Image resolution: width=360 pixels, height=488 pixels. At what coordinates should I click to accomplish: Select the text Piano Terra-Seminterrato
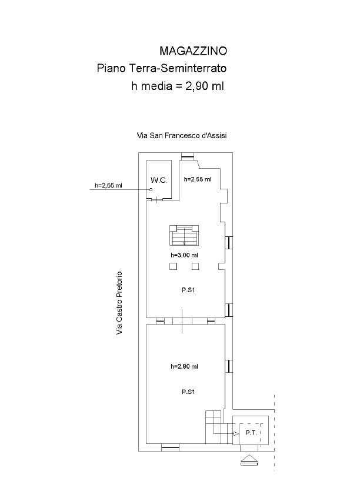coord(161,68)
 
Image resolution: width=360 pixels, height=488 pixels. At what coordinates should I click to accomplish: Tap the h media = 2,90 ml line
coord(178,86)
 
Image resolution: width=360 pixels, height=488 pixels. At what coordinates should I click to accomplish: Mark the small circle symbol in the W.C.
coord(151,189)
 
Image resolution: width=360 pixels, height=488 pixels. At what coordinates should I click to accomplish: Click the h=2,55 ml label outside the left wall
coord(108,186)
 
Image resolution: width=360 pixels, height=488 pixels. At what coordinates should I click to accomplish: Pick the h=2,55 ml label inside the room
coord(198,179)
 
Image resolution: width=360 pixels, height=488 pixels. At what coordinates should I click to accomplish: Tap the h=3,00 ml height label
coord(184,255)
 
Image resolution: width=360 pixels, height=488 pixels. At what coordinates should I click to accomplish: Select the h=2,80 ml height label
coord(184,366)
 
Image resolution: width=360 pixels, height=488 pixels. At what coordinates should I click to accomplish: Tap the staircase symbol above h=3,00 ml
coord(185,236)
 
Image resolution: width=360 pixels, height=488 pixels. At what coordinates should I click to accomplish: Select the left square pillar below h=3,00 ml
coord(173,267)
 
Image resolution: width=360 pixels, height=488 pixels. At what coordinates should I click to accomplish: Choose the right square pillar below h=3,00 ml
coord(196,267)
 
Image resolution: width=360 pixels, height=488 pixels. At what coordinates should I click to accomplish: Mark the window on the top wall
coord(189,156)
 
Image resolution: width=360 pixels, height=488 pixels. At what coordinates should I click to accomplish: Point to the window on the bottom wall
coord(171,449)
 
